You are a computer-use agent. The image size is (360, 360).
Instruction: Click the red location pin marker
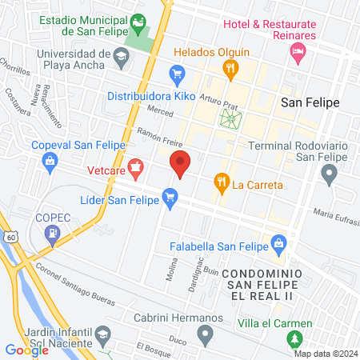pos(180,163)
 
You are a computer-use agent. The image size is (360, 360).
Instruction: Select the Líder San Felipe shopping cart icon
pos(169,195)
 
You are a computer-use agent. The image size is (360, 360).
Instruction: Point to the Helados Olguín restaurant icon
pos(230,69)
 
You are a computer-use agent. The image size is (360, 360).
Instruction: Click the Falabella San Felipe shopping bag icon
pos(278,242)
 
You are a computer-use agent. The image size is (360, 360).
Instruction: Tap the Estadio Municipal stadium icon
pos(139,22)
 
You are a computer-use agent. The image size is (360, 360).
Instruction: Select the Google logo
pos(26,350)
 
